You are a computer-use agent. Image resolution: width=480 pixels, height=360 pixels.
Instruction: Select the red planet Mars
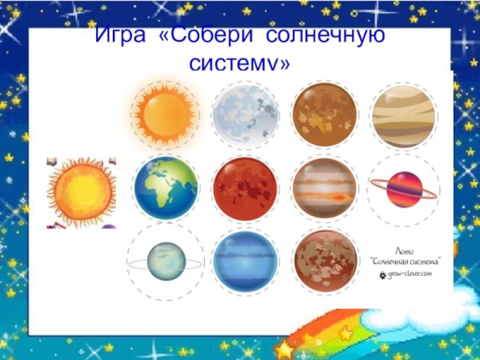coord(245,189)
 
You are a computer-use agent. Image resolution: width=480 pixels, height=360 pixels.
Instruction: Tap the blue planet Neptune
coord(245,262)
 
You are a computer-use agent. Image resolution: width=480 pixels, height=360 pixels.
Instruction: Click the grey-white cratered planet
coord(245,115)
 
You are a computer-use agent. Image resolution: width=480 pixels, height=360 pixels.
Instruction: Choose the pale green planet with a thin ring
coord(166,262)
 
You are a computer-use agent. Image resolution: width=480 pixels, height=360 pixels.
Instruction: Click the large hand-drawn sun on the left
coord(81,192)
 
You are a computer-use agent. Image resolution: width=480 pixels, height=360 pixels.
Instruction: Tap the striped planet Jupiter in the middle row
coord(324,189)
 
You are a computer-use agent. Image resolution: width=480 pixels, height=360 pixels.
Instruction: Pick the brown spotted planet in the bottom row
coord(324,262)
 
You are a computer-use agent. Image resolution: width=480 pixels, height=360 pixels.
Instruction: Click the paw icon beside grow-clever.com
coord(382,274)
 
